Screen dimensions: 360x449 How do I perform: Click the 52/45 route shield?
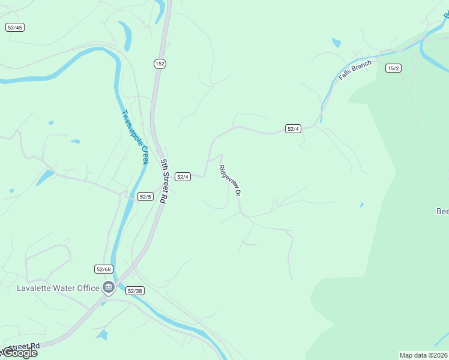click(x=15, y=28)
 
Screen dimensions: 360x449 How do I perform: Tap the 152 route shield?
click(x=159, y=64)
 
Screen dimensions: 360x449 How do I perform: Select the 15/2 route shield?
click(x=393, y=68)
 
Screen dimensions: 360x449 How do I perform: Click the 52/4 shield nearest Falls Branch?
click(x=293, y=128)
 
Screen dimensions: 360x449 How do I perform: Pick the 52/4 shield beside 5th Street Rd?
click(x=183, y=176)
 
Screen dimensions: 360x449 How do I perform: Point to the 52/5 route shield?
click(x=145, y=196)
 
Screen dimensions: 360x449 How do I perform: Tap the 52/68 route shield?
click(x=103, y=269)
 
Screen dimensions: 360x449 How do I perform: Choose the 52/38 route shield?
click(x=134, y=290)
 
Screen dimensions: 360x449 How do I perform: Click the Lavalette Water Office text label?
click(x=58, y=288)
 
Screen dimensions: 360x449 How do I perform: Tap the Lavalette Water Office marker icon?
click(x=109, y=288)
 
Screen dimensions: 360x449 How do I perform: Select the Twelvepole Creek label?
click(x=134, y=137)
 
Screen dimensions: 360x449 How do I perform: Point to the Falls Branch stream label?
click(x=355, y=70)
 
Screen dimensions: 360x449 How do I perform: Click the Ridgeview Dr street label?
click(x=230, y=181)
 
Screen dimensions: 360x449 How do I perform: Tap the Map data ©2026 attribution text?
click(x=424, y=355)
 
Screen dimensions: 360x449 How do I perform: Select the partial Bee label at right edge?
click(x=442, y=211)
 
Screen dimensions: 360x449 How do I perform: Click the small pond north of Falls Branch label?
click(x=336, y=43)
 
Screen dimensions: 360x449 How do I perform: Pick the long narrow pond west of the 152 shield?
click(x=126, y=36)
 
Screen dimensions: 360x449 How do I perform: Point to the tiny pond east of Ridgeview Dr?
click(x=361, y=205)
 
